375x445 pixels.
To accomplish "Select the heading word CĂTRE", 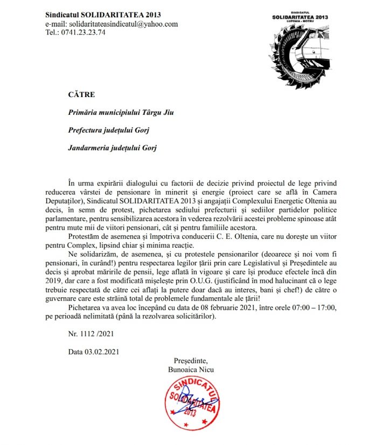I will [81, 95].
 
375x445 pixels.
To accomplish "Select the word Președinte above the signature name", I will [190, 360].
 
